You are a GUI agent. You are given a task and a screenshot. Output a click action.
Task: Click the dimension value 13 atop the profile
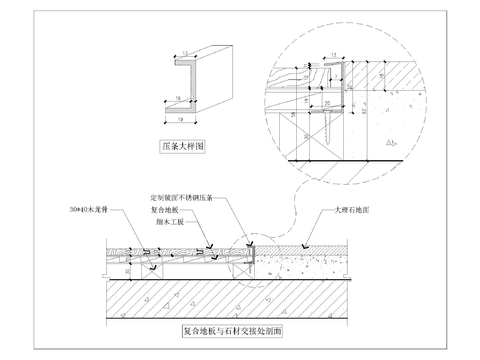[x=185, y=52]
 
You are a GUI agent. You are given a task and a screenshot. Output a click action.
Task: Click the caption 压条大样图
[x=183, y=145]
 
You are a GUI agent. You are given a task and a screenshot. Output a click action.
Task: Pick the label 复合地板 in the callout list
[x=166, y=212]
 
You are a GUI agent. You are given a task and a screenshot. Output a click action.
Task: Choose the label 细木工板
[x=166, y=224]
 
